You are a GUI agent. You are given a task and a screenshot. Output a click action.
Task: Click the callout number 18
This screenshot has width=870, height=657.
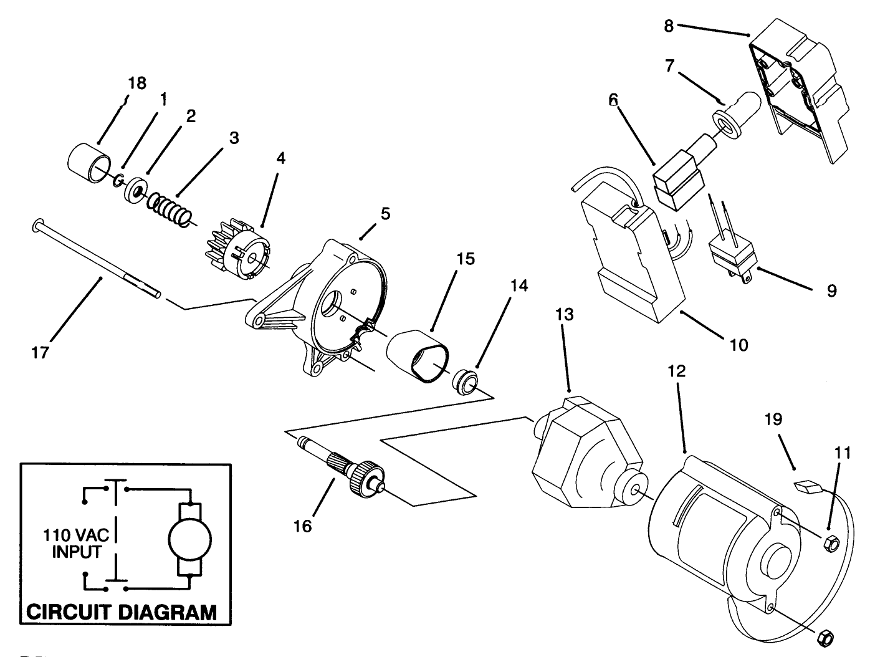click(137, 84)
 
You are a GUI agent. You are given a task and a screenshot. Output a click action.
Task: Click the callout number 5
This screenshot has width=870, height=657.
click(385, 214)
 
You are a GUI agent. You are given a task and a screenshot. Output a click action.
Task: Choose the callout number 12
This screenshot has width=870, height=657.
click(676, 372)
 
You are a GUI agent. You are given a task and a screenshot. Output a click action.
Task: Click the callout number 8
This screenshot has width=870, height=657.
click(669, 26)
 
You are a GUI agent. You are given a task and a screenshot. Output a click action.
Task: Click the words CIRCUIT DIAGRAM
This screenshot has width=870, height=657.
click(122, 611)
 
